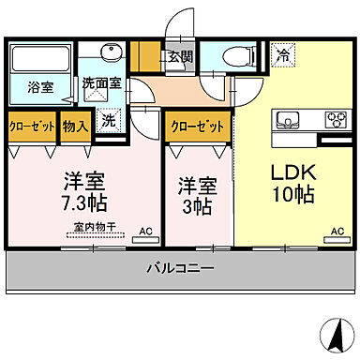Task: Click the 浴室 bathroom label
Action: [x=38, y=87]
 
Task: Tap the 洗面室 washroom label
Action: [x=101, y=82]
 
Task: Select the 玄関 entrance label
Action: [x=180, y=56]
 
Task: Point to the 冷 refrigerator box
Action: [x=282, y=56]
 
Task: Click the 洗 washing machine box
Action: [x=109, y=120]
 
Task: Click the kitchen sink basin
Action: [x=288, y=119]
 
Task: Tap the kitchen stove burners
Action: [x=334, y=119]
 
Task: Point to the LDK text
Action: [x=293, y=173]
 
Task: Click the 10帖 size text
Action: [x=293, y=196]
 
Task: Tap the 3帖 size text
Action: [x=197, y=206]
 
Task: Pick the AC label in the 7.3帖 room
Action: [x=145, y=230]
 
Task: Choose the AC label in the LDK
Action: [x=337, y=230]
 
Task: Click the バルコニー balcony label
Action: [x=179, y=269]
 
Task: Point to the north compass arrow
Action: [x=331, y=333]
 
